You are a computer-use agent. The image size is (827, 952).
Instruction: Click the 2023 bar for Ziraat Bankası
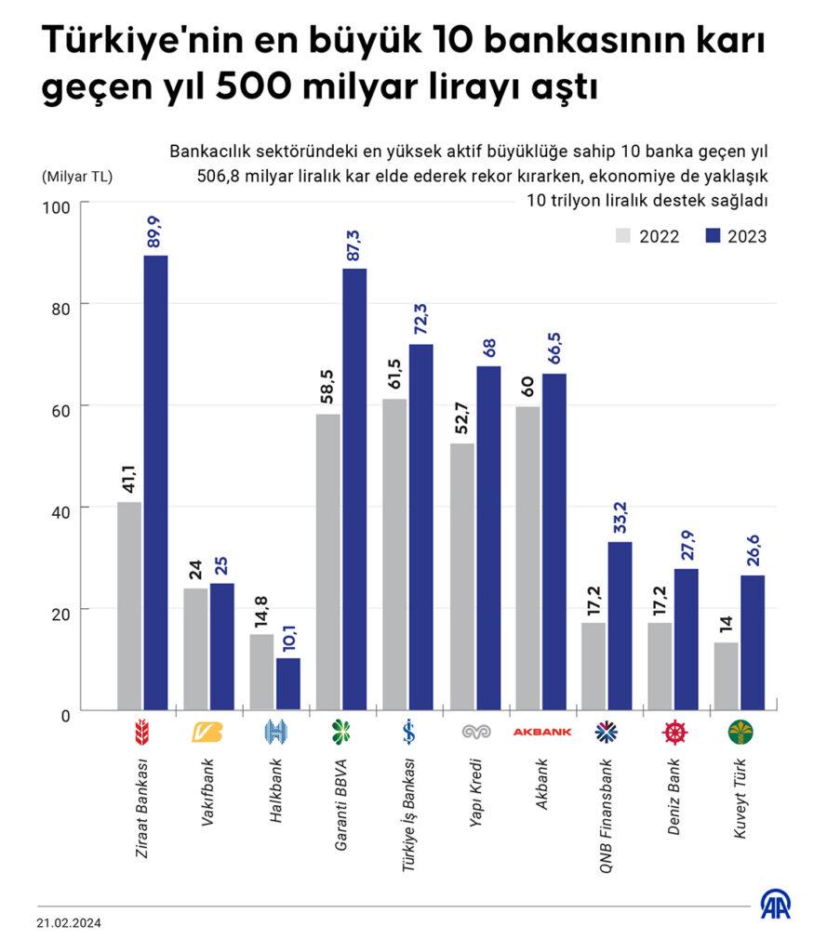pos(155,483)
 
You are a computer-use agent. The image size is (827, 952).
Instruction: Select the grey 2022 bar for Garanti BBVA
pos(328,562)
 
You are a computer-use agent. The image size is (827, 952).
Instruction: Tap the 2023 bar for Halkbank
pos(288,684)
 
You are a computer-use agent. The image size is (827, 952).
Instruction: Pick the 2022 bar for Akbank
pos(527,558)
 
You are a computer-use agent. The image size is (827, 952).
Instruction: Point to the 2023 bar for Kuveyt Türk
pos(753,642)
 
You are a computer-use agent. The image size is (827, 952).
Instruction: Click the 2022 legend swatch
pos(622,235)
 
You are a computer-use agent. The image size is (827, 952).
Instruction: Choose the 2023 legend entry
pos(734,236)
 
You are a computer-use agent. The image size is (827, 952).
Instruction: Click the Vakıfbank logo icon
pos(207,733)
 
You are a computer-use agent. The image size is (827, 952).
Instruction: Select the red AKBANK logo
pos(540,733)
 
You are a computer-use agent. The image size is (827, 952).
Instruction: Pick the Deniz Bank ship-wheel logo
pos(674,733)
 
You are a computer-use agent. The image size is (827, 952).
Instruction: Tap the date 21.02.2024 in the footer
pos(70,923)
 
